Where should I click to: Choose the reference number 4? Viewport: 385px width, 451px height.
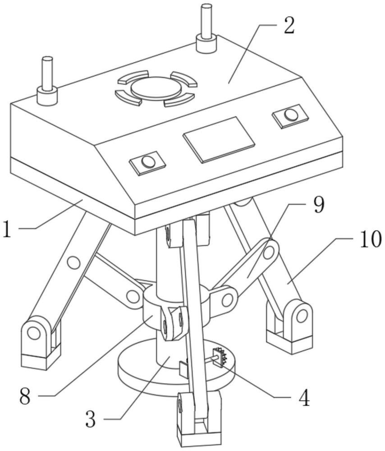click(304, 398)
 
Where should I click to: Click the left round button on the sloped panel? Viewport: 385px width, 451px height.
click(147, 161)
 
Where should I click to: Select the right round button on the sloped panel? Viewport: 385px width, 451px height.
click(291, 115)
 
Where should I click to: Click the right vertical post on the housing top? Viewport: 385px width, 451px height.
click(206, 28)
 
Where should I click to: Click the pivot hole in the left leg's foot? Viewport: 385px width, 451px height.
click(33, 334)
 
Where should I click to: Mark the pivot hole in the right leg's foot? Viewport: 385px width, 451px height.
click(302, 316)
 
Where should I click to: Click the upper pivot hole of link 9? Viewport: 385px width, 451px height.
click(269, 253)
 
